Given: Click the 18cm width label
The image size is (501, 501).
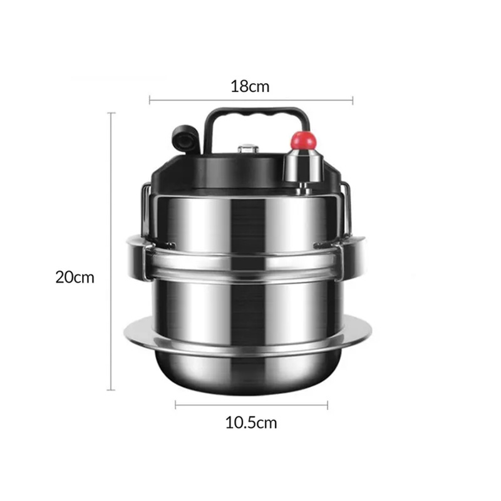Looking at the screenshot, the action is coord(250,86).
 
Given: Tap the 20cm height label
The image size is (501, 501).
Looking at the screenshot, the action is coord(75,277).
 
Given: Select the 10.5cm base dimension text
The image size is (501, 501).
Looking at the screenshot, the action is coord(251,423).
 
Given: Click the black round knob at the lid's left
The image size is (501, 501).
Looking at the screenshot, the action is coord(185,138).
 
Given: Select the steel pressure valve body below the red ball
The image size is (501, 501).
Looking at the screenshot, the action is coord(302,166).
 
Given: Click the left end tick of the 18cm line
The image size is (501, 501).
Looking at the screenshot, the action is coord(150,100).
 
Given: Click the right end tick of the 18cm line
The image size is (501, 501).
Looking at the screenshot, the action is coord(353,100).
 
